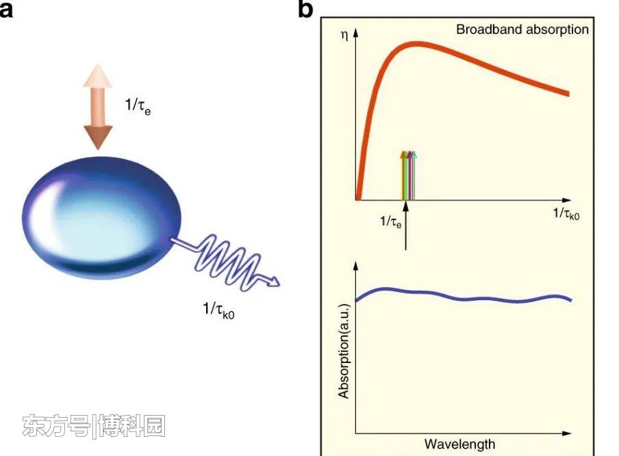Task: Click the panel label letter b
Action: pos(306,9)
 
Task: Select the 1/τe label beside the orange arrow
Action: pos(137,107)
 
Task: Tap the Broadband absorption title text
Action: pos(522,29)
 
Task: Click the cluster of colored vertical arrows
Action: pos(408,175)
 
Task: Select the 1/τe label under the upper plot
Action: pos(392,222)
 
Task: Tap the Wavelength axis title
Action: pos(459,444)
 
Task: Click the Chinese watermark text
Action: pos(94,427)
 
